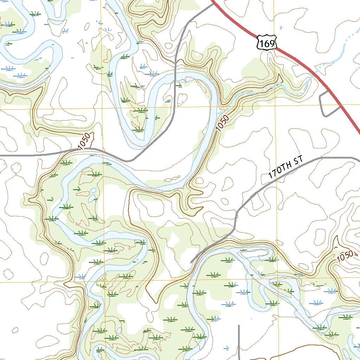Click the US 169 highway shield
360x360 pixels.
pos(266,42)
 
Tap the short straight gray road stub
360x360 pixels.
pos(239,341)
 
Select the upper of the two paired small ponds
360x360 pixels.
pos(93,191)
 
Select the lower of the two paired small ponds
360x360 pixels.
pos(91,199)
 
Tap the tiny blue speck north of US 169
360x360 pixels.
pos(280,27)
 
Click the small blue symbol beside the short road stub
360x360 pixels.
pos(227,348)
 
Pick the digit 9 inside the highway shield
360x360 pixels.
pos(272,44)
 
